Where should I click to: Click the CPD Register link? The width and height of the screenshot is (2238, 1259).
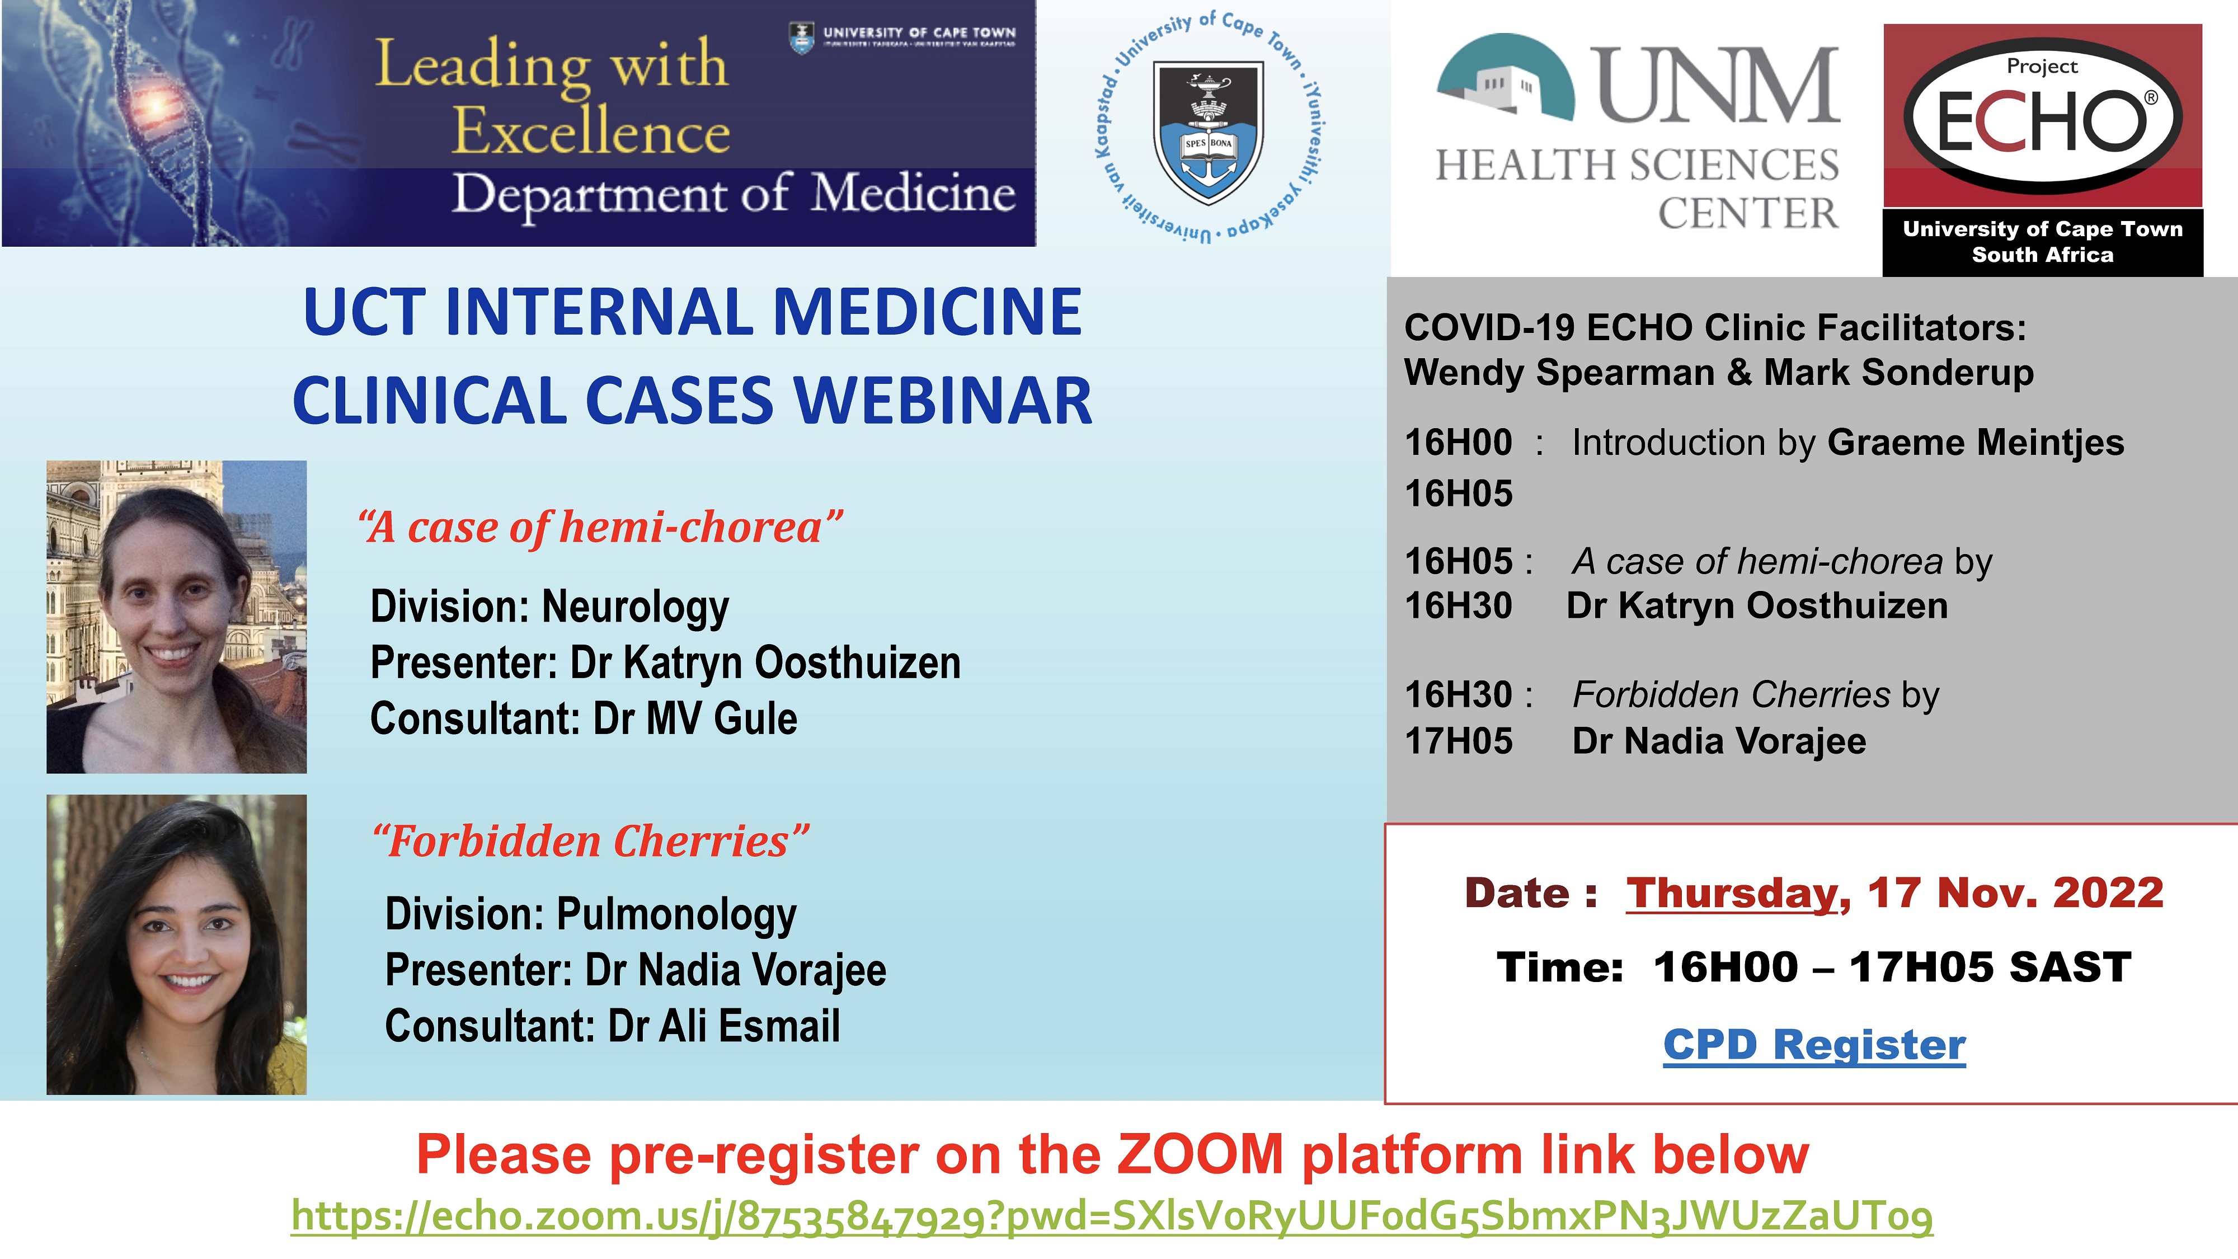coord(1814,1044)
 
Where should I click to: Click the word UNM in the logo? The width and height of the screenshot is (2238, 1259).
coord(1715,84)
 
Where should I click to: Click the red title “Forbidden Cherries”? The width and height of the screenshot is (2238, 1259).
coord(591,841)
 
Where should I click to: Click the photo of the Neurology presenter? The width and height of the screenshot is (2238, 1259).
coord(176,617)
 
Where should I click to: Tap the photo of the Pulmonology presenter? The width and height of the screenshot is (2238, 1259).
coord(176,945)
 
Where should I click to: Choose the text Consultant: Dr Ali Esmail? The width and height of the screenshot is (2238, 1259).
coord(613,1026)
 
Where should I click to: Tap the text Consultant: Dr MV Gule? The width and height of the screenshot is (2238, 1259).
coord(584,718)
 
